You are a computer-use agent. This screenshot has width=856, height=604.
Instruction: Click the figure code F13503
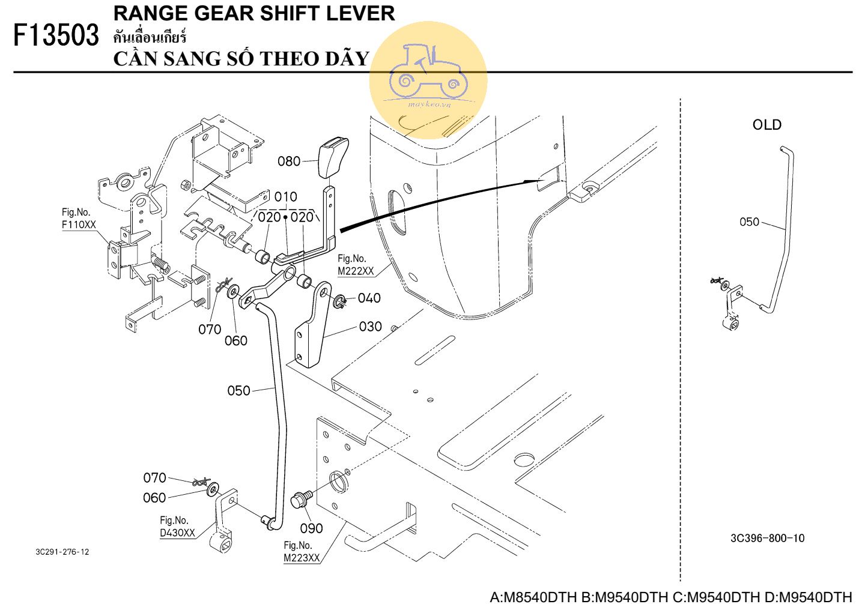click(x=56, y=35)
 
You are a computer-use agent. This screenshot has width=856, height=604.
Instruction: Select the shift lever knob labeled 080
click(x=333, y=157)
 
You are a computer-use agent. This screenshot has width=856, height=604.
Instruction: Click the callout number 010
click(x=285, y=197)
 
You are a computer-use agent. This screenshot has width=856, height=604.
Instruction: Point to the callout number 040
click(x=369, y=298)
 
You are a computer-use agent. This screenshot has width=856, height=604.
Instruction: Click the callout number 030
click(x=370, y=327)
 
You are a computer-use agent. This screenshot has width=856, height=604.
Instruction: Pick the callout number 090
click(x=311, y=528)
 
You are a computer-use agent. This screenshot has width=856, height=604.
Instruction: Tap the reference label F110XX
click(x=79, y=225)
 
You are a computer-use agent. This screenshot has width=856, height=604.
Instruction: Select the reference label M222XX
click(x=356, y=271)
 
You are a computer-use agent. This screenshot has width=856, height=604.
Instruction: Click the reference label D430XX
click(x=177, y=533)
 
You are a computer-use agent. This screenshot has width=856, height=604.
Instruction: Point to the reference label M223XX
click(x=302, y=558)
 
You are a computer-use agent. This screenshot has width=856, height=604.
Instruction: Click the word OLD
click(x=767, y=125)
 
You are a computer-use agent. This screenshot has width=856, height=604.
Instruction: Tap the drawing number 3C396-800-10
click(x=768, y=538)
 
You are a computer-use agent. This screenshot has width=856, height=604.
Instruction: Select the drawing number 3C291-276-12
click(x=62, y=552)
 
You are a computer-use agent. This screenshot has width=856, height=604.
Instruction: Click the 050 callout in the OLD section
click(x=750, y=222)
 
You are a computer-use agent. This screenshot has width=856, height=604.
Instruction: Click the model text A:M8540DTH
click(x=533, y=597)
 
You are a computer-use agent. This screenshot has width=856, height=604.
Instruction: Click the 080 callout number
click(x=289, y=162)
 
